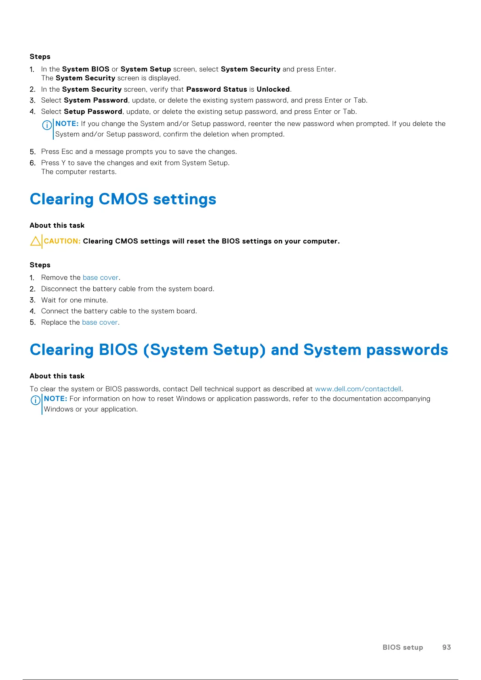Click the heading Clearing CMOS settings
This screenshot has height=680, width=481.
[123, 199]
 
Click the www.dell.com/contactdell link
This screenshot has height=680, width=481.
[358, 389]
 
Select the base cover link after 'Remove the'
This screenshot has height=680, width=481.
[101, 277]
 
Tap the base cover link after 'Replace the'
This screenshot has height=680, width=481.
[100, 322]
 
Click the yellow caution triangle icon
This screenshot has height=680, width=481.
[36, 241]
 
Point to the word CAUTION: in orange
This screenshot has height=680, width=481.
[62, 241]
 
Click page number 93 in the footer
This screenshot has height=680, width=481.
[446, 647]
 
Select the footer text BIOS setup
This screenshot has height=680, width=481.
[403, 647]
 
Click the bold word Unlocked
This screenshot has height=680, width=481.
[273, 89]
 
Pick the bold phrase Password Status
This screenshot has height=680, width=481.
[216, 89]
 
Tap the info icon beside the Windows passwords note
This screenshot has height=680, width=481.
[36, 400]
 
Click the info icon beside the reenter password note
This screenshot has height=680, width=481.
[47, 125]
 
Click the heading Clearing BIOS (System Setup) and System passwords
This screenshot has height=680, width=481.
[239, 350]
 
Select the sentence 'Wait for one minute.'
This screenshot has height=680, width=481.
[75, 300]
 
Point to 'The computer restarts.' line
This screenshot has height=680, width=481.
[79, 172]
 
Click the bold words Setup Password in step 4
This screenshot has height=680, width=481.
[93, 111]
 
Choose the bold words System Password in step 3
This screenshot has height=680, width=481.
[96, 100]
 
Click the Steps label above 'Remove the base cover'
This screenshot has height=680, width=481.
[40, 265]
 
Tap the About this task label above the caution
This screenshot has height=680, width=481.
[57, 225]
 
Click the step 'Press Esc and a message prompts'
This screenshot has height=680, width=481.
[139, 151]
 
